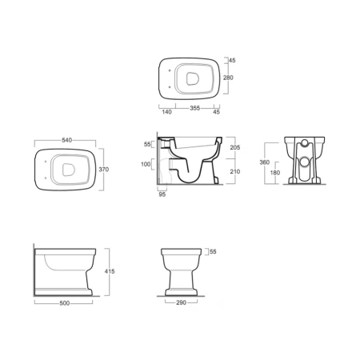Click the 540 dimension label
[x=66, y=140]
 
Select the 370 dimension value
[x=104, y=170]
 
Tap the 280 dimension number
[x=228, y=78]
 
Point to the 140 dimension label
[x=166, y=112]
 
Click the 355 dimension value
[x=195, y=108]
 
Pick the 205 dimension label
[x=235, y=147]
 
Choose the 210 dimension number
[x=235, y=171]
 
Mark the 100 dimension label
[x=146, y=164]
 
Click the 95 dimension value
[x=162, y=194]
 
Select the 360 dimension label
[x=265, y=162]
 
